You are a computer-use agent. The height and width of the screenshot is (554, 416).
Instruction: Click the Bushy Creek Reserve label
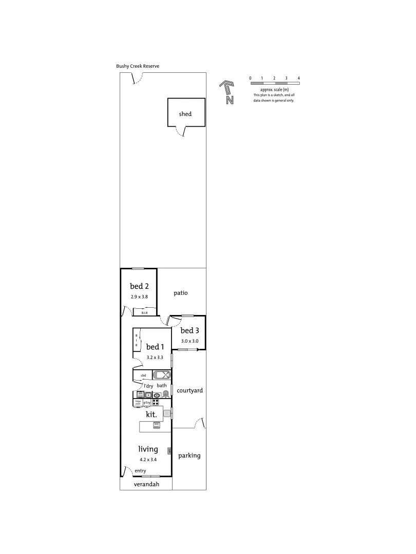pos(138,66)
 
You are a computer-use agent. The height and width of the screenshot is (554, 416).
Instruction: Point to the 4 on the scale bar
pos(298,78)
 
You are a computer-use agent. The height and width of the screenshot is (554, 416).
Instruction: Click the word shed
pos(185,114)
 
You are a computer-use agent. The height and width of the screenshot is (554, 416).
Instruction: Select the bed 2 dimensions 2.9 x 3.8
pos(139,296)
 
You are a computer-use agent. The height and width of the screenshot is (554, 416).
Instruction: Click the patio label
pos(181,293)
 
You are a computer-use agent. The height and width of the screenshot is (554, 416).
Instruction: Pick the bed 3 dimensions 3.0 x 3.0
pos(190,341)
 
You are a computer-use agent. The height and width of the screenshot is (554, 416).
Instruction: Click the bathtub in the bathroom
pos(161,374)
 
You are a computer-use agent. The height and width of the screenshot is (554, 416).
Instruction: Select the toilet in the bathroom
pos(166,394)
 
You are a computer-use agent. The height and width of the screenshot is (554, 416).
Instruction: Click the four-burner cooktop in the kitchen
pos(155,403)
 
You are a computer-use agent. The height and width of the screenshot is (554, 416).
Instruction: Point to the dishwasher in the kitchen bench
pos(157,424)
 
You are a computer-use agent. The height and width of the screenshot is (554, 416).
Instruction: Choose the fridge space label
pos(138,403)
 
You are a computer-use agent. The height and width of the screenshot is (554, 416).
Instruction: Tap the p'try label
pos(147,403)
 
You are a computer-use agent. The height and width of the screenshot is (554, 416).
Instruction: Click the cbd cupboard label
pos(143,375)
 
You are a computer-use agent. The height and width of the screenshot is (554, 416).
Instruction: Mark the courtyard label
pos(190,390)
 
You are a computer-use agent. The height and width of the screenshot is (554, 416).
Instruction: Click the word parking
pos(189,455)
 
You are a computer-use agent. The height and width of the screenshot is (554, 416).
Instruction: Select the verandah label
pos(146,484)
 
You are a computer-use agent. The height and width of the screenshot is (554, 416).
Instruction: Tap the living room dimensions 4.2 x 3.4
pos(148,460)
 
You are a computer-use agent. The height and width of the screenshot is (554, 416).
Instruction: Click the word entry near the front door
pos(141,471)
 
